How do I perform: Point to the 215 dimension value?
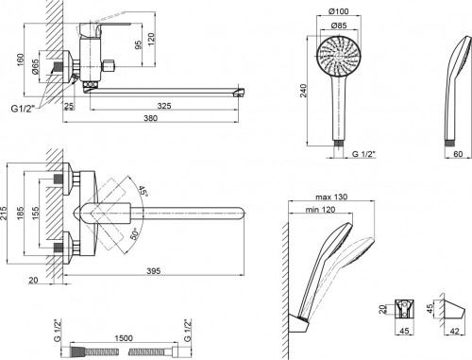[x=8, y=214]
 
